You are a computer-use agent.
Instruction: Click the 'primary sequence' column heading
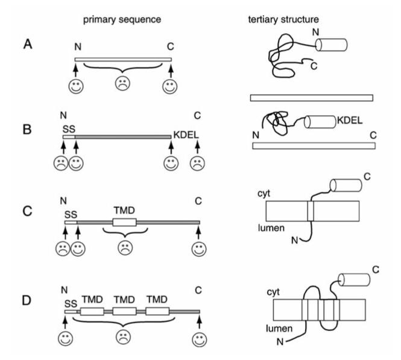[121, 18]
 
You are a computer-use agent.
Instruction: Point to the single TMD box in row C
[124, 223]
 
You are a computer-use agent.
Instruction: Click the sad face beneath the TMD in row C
[124, 248]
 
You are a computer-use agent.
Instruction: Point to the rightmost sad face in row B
[198, 164]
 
